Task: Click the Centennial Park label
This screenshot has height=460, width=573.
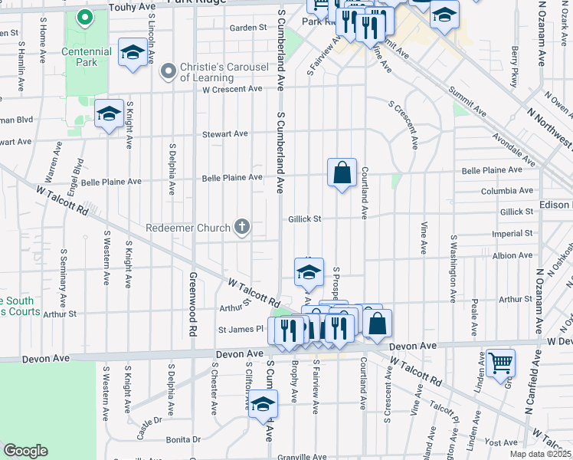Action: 87,57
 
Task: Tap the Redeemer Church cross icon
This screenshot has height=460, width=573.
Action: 242,227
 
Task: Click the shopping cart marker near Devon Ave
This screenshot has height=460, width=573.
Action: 500,363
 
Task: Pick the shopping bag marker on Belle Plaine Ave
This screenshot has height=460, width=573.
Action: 342,172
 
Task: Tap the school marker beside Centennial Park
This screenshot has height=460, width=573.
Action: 133,53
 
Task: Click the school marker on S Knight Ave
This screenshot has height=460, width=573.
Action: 109,115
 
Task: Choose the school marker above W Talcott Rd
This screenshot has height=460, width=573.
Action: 308,273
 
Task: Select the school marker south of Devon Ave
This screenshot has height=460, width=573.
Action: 263,403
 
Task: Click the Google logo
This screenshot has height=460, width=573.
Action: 25,451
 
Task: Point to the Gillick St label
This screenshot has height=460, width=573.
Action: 303,219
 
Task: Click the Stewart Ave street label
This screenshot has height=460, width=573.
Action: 224,133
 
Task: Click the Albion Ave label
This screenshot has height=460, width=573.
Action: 513,255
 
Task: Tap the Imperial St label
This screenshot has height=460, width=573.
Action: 513,233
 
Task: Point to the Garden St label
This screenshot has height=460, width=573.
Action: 247,28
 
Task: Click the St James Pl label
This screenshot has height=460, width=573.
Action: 241,329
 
